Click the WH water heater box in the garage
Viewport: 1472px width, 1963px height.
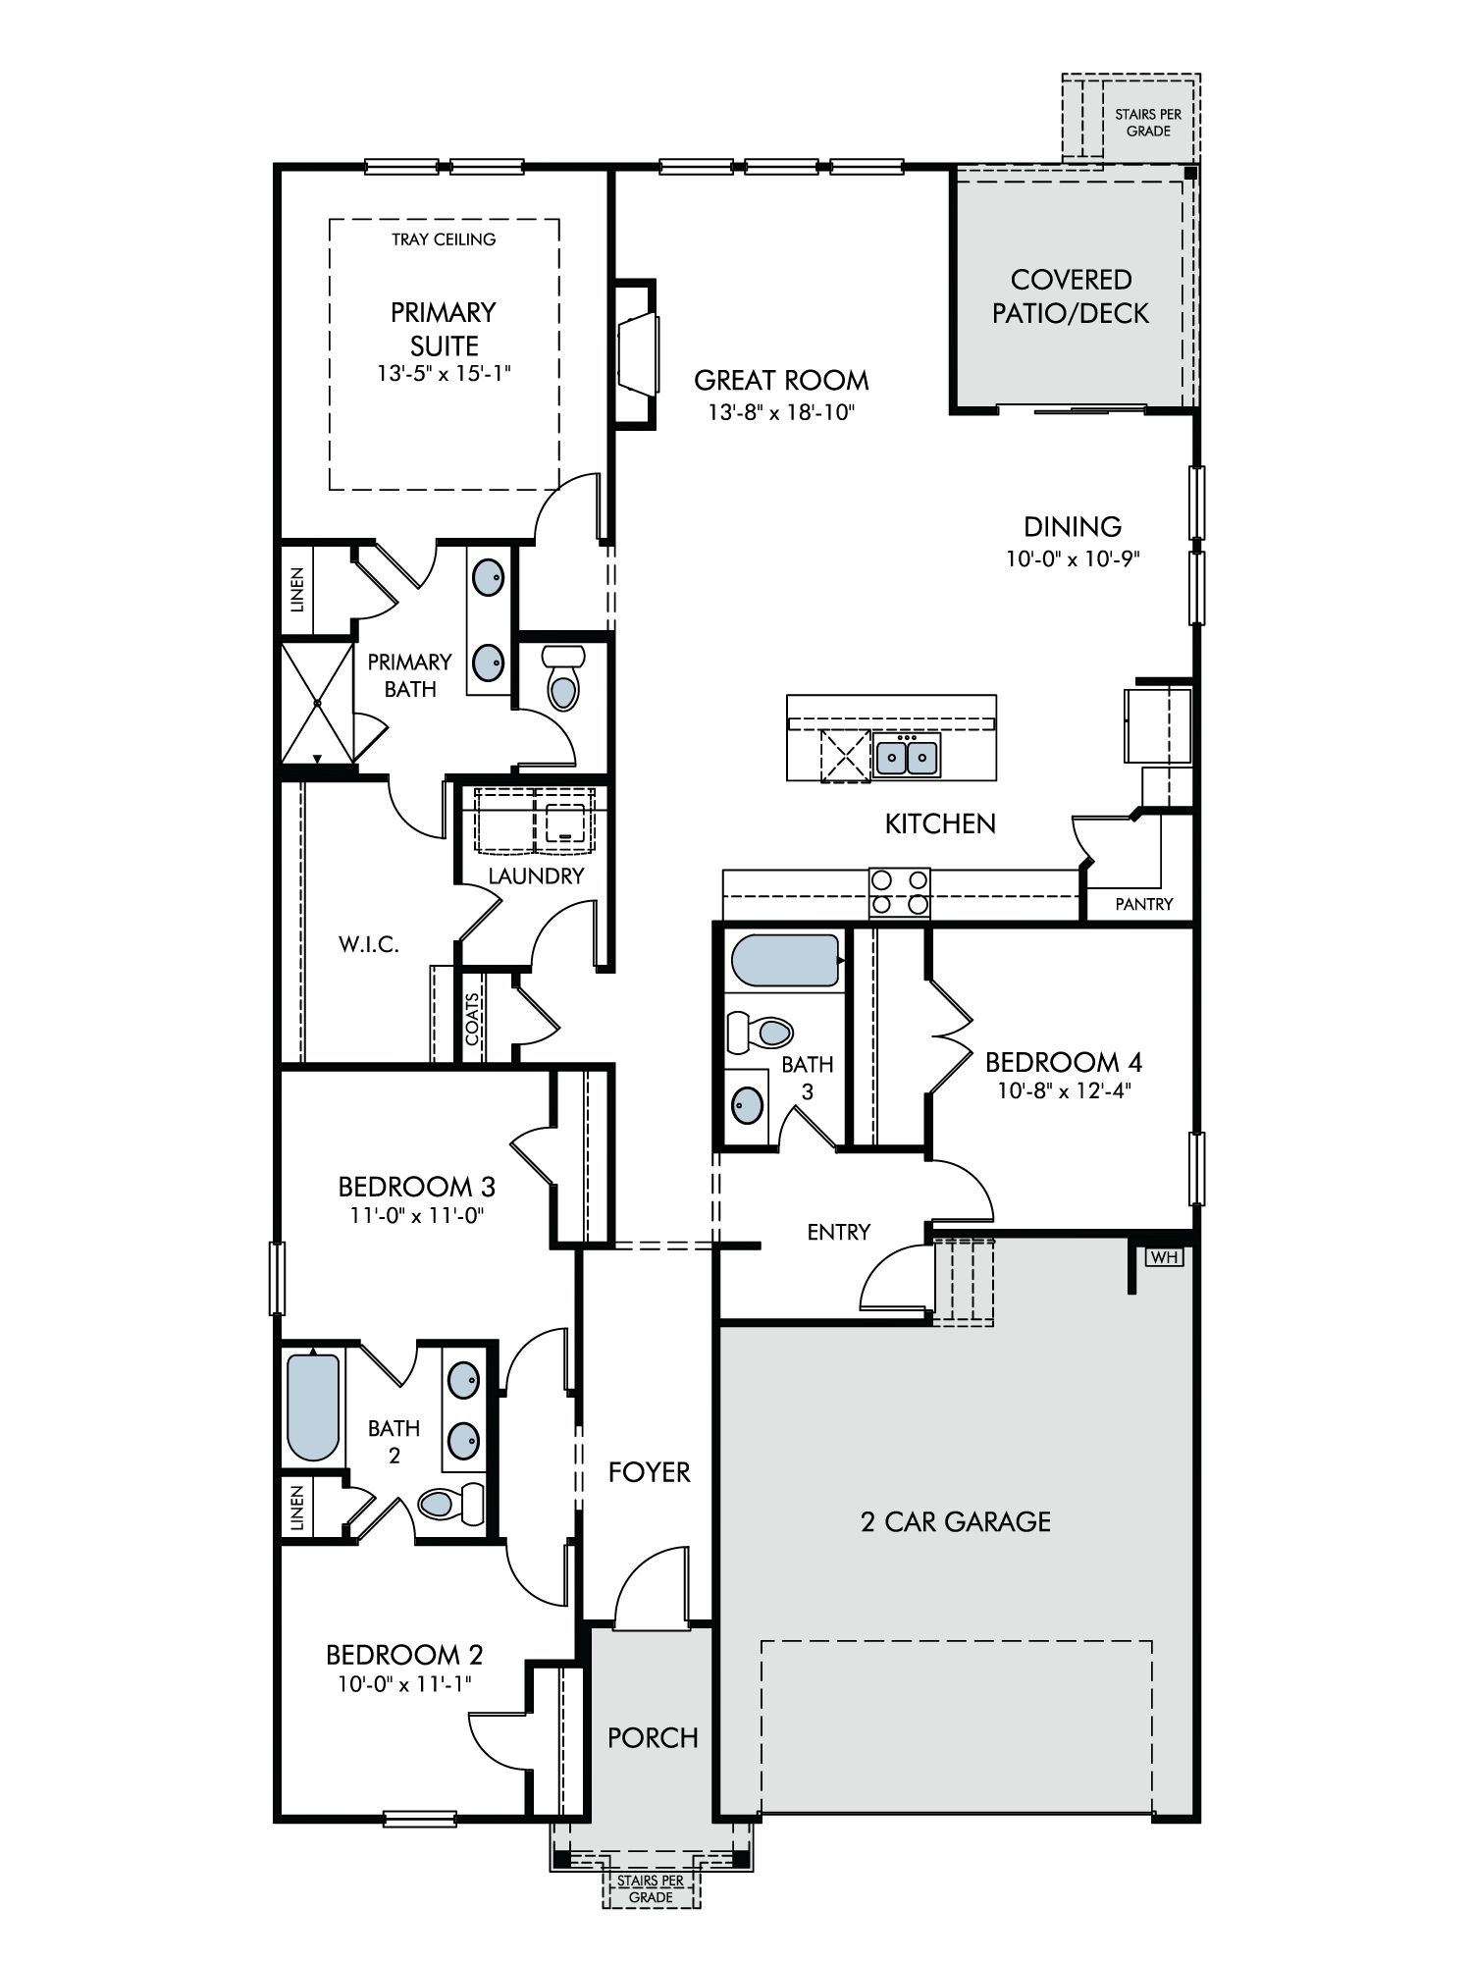[x=1163, y=1256]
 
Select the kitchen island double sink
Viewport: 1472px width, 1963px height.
[x=908, y=755]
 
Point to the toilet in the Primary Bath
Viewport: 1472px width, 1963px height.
[x=562, y=677]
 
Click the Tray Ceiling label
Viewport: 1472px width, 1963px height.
[x=444, y=239]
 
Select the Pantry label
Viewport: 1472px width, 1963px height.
[x=1144, y=904]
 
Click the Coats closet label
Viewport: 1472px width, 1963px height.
[x=473, y=1019]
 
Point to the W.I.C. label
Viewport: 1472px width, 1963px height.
[x=369, y=945]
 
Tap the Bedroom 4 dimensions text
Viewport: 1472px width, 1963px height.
[x=1065, y=1090]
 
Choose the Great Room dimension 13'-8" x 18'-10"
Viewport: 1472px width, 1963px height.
[x=782, y=412]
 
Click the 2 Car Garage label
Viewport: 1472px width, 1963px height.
[x=956, y=1521]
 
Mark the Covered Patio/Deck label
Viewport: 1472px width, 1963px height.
[x=1071, y=296]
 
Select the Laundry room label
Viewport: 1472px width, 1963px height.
[x=536, y=875]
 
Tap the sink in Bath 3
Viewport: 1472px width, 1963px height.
[x=748, y=1106]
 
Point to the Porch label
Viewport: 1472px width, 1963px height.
[x=653, y=1737]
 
